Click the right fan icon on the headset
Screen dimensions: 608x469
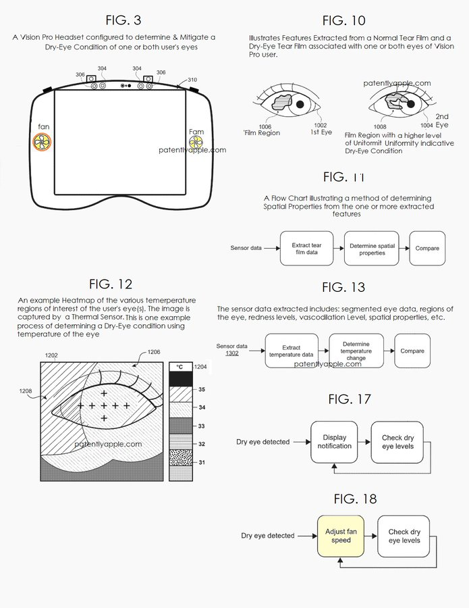[196, 142]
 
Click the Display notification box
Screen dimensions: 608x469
[335, 442]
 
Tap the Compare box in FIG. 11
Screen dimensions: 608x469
[426, 249]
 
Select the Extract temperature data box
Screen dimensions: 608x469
[291, 351]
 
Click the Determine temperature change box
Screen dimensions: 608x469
[356, 351]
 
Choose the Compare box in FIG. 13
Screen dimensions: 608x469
[412, 351]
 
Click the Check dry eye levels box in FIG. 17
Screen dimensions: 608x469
[397, 442]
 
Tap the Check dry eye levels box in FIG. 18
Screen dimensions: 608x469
[404, 536]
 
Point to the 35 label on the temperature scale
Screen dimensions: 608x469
[201, 390]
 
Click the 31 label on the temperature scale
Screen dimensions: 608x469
[201, 463]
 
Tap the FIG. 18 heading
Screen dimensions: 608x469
[356, 499]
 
